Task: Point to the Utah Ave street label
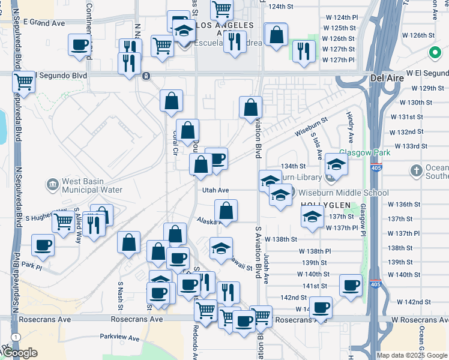pyautogui.click(x=216, y=190)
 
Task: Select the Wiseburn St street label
pyautogui.click(x=310, y=127)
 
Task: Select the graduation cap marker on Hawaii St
pyautogui.click(x=221, y=247)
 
